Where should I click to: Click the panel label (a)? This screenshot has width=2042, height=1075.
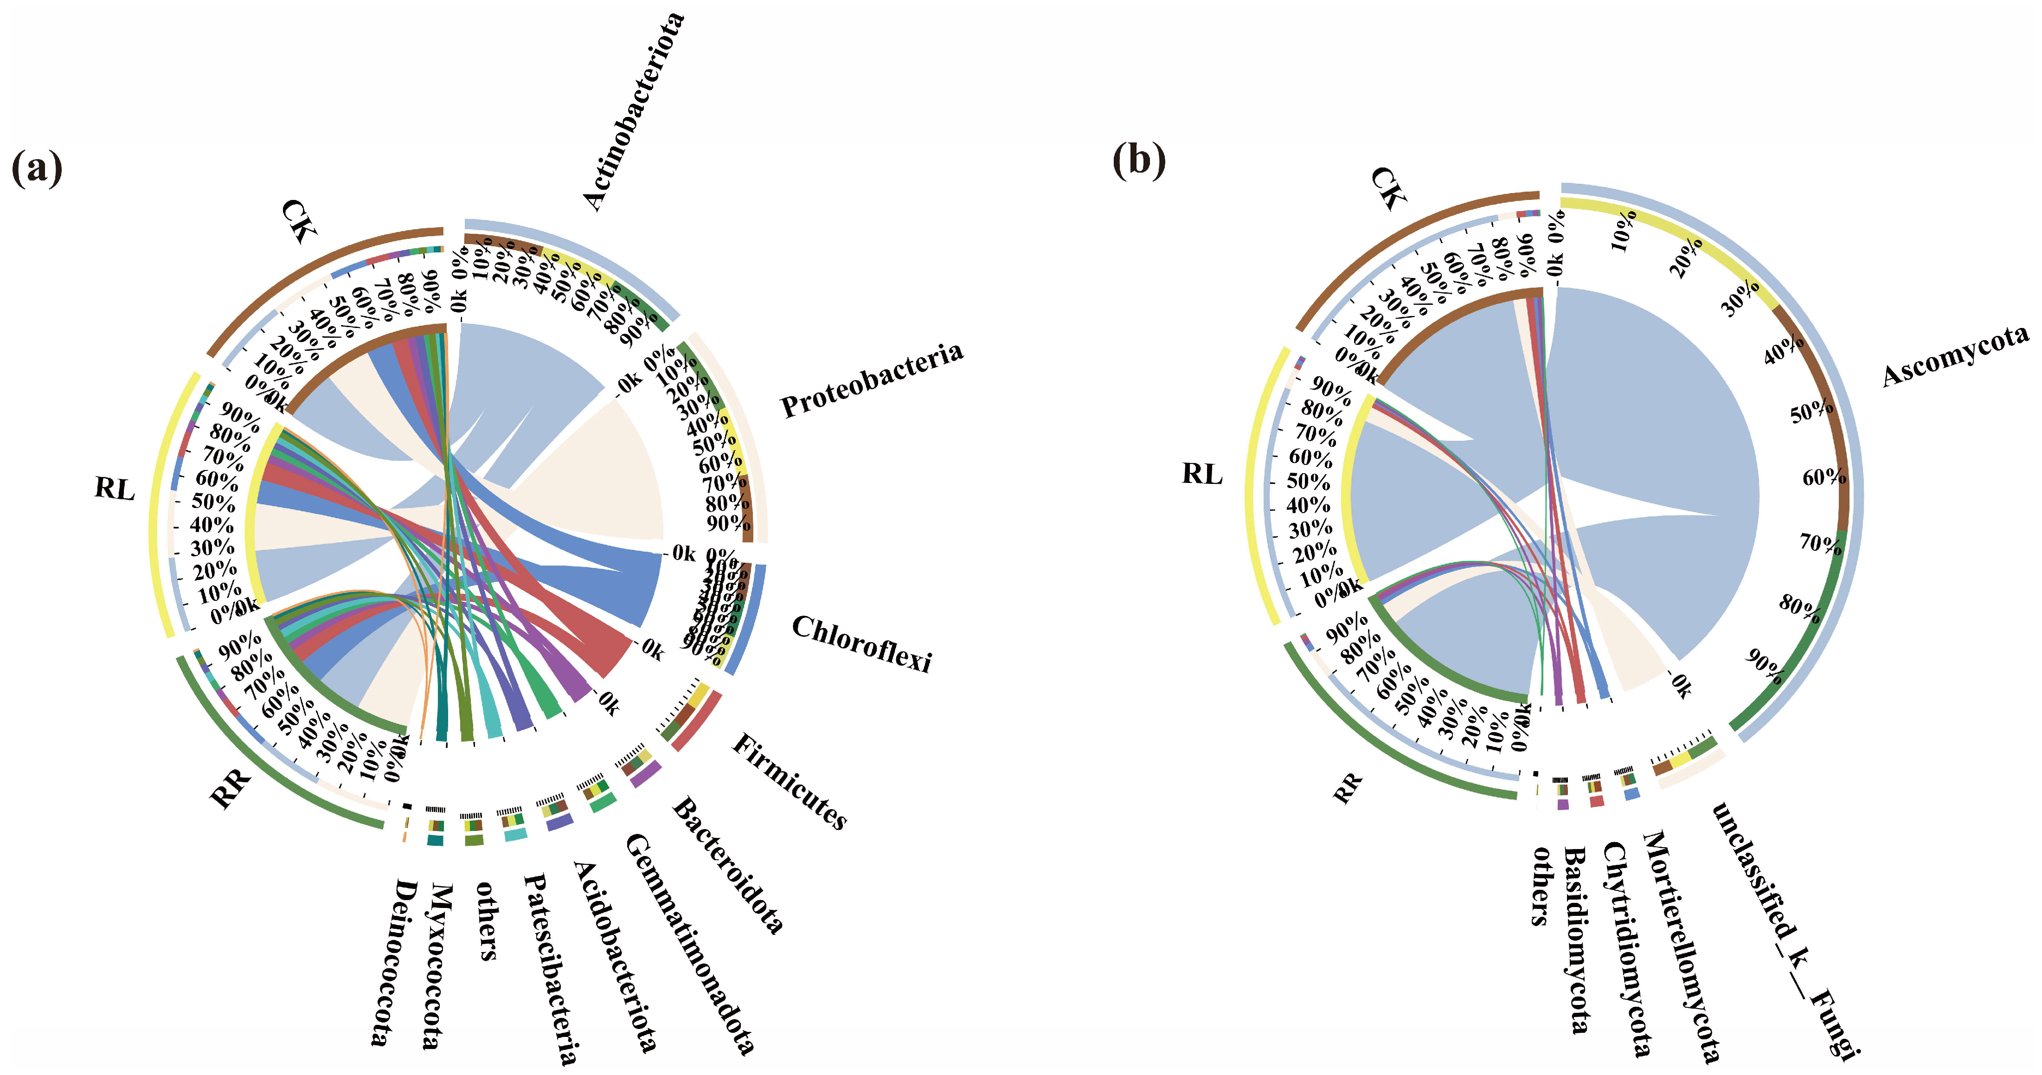pyautogui.click(x=37, y=167)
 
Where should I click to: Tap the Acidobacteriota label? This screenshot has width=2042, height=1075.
pyautogui.click(x=614, y=955)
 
